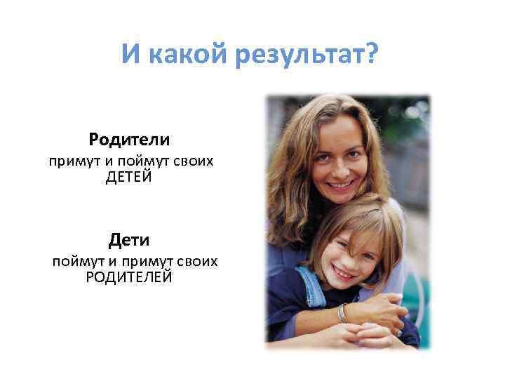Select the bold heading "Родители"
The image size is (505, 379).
pyautogui.click(x=130, y=140)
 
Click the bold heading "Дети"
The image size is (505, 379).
pyautogui.click(x=129, y=241)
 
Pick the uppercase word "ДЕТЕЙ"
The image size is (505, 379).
pyautogui.click(x=129, y=177)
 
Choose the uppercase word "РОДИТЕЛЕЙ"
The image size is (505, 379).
pyautogui.click(x=129, y=277)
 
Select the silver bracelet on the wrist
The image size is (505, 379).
pyautogui.click(x=342, y=313)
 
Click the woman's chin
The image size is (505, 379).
pyautogui.click(x=342, y=198)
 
